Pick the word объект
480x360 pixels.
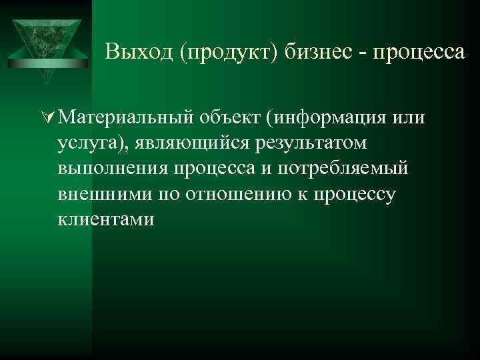click(229, 119)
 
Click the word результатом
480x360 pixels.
click(307, 144)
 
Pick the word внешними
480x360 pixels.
click(105, 194)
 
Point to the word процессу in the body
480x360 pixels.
click(359, 194)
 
